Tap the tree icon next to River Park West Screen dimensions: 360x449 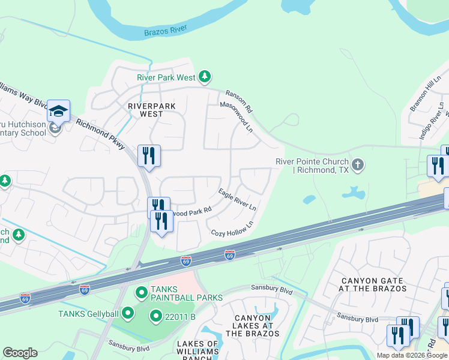point(205,77)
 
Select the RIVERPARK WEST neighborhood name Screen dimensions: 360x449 point(152,110)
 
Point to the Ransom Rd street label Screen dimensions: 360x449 point(239,102)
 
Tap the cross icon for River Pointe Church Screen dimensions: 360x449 point(358,165)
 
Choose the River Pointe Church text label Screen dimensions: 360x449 point(312,166)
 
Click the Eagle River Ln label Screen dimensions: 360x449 point(237,199)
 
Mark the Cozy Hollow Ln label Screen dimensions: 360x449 point(232,228)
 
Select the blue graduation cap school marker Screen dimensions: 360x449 point(59,111)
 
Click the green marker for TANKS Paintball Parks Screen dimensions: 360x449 point(142,293)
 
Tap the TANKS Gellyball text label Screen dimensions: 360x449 point(89,313)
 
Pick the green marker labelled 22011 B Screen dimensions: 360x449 point(155,315)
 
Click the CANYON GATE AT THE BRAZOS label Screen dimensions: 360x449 point(373,284)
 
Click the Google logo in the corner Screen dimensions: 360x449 point(20,353)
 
